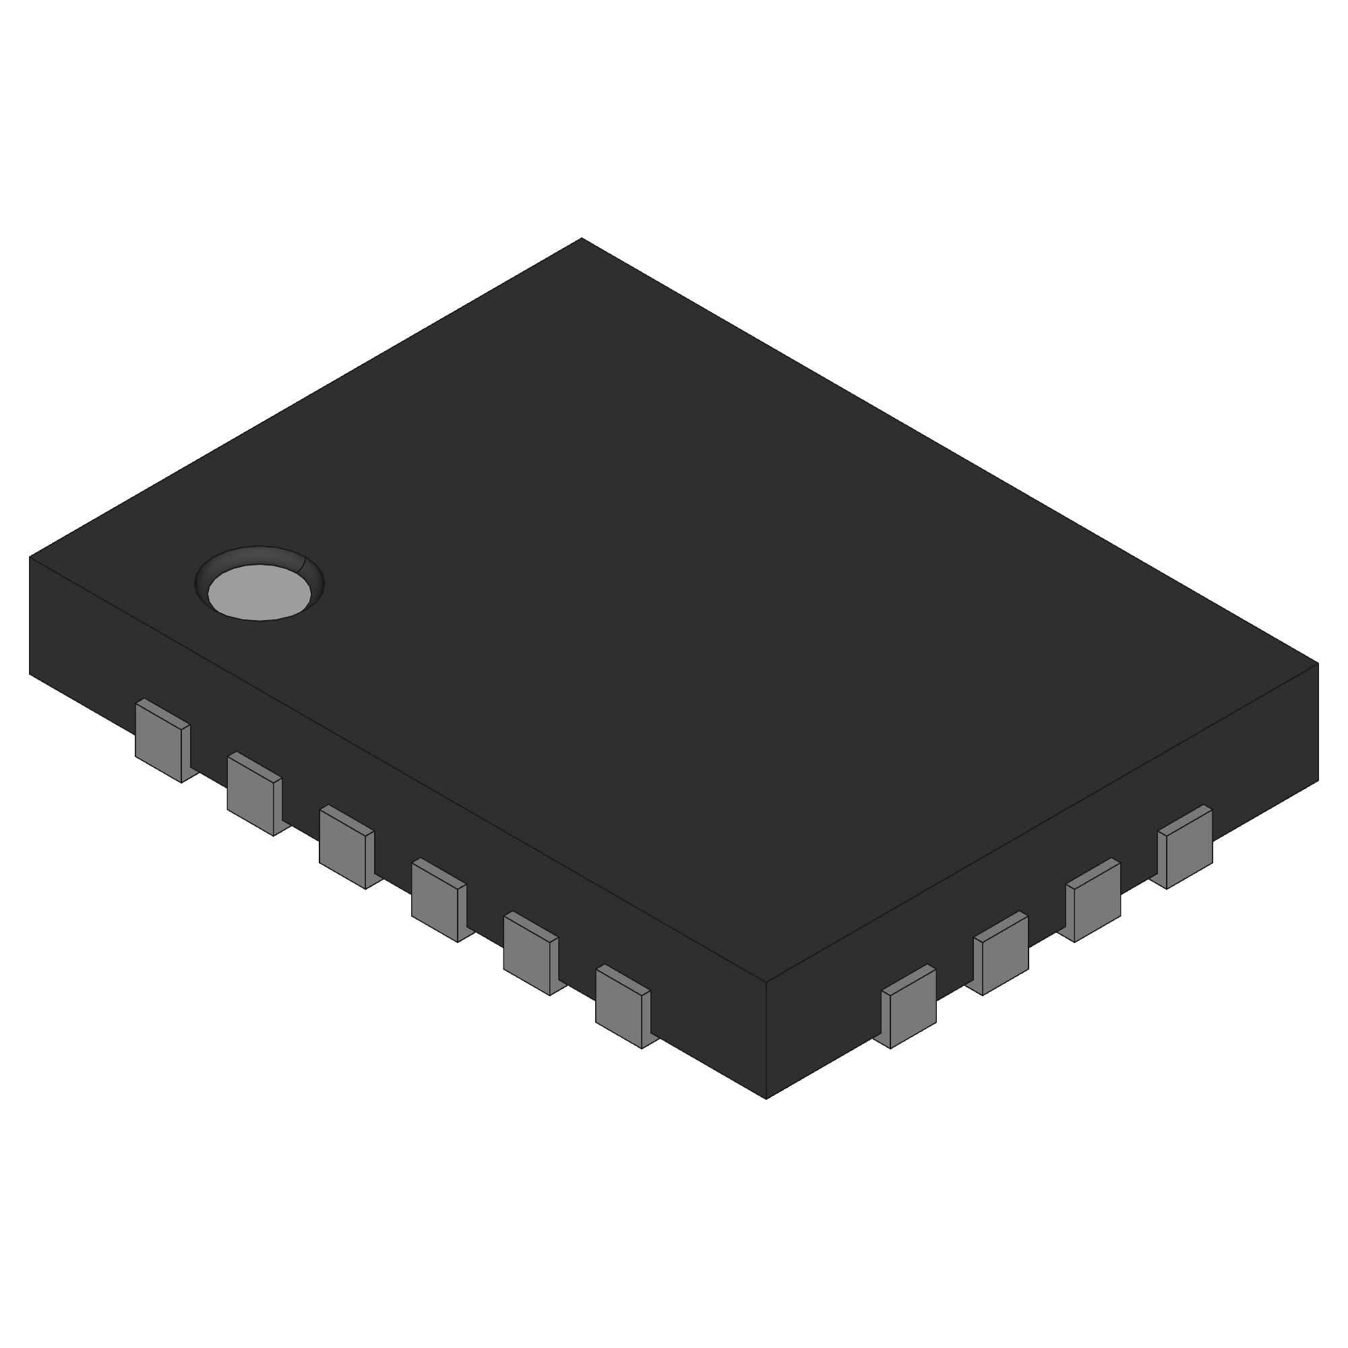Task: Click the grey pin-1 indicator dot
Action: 259,592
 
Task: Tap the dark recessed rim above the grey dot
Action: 259,555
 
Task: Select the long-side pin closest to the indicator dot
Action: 160,742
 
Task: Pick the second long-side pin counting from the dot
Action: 252,796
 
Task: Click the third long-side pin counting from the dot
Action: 344,849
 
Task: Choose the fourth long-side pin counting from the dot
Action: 436,902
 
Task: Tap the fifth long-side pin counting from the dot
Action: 528,955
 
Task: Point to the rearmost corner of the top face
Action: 582,239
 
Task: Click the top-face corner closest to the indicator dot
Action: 30,557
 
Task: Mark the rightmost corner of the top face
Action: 1318,663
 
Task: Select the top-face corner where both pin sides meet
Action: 766,982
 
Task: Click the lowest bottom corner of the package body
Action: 766,1098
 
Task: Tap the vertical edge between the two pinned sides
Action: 766,1039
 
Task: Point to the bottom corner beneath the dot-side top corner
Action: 30,673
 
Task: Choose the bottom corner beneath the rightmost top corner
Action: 1318,780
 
